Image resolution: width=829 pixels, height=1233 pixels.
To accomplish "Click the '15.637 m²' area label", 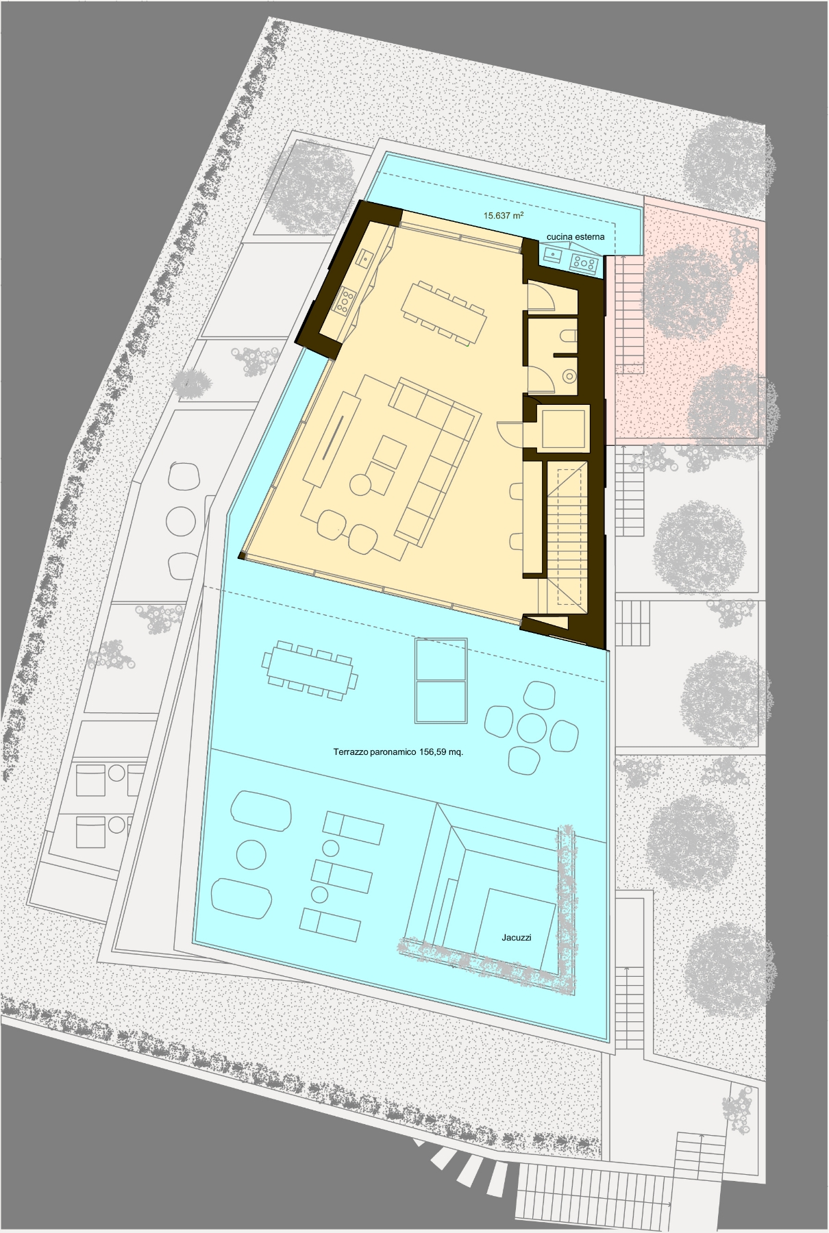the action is click(x=504, y=215).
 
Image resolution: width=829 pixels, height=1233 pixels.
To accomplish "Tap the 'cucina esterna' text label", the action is click(x=576, y=237).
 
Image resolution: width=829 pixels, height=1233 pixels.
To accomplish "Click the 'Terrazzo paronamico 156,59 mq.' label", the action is click(x=398, y=751).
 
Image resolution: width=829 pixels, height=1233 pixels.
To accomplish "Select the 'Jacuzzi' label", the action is click(x=517, y=937).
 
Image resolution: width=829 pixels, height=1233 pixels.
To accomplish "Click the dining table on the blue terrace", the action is click(x=310, y=671).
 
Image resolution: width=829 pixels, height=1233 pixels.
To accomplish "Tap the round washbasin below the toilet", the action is click(x=569, y=375).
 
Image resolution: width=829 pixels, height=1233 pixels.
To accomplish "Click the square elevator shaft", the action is click(x=562, y=429).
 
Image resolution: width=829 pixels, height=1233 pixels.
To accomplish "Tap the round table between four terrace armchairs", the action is click(x=532, y=728).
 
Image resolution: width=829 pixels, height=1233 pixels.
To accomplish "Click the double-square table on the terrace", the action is click(x=441, y=680).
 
